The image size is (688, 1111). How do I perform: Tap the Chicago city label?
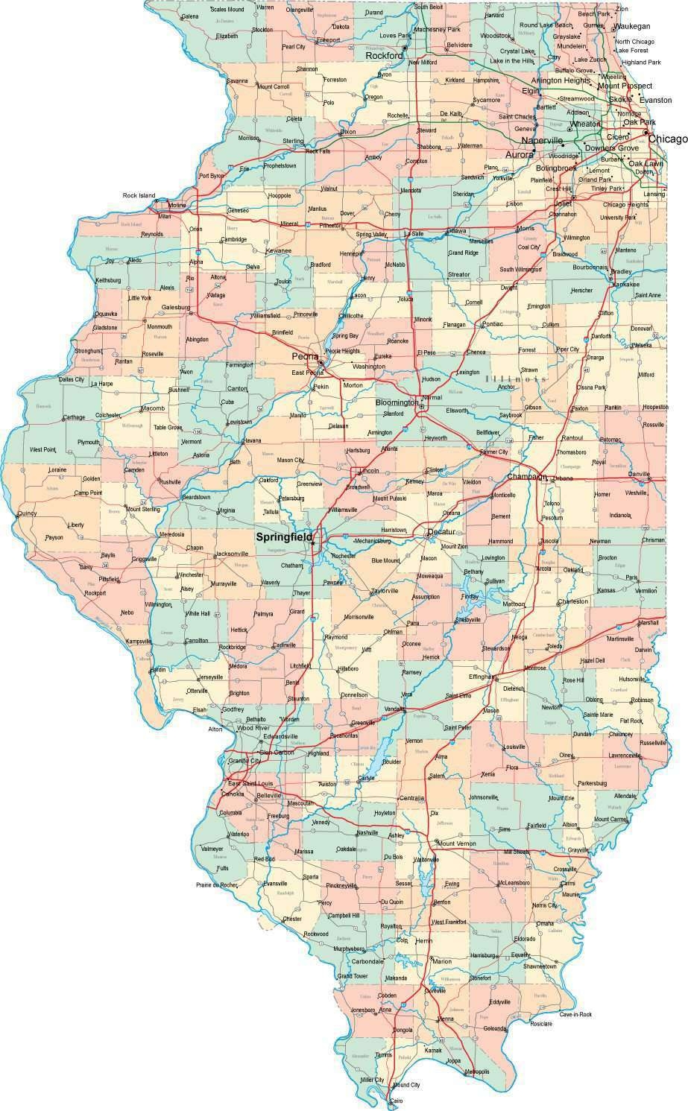(x=667, y=139)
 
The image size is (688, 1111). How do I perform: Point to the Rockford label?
(x=383, y=55)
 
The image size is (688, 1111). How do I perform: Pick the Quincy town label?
(x=27, y=513)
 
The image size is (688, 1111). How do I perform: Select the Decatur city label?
(x=441, y=532)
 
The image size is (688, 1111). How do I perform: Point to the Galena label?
(x=189, y=16)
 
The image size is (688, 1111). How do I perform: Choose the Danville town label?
(x=639, y=474)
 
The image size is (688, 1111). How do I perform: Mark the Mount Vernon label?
(x=457, y=843)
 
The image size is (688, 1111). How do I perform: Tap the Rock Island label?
(x=139, y=196)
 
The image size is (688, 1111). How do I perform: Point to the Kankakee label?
(x=625, y=284)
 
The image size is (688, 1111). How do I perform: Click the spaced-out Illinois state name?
(x=515, y=379)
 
